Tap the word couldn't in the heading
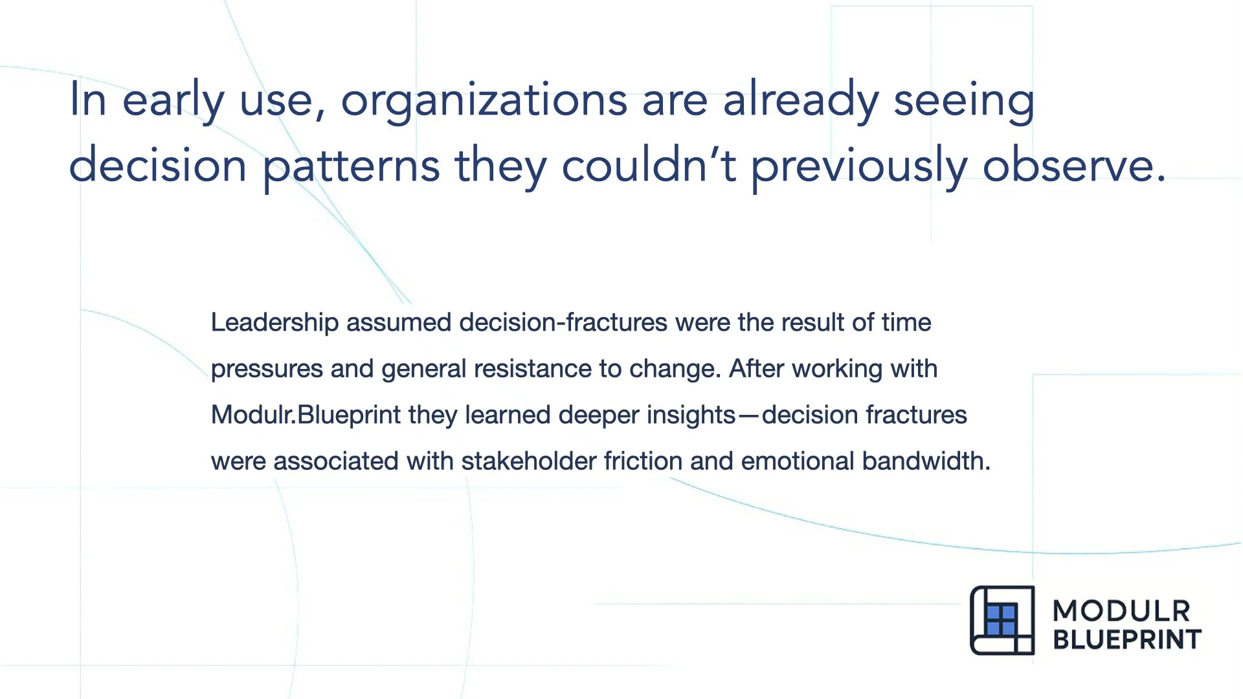648,165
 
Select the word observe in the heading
1068,165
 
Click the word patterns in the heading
351,165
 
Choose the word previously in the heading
859,165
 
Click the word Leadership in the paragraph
274,322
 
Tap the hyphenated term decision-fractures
563,322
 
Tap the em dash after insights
748,416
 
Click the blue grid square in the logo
1001,619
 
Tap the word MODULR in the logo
1121,611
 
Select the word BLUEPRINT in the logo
1127,639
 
